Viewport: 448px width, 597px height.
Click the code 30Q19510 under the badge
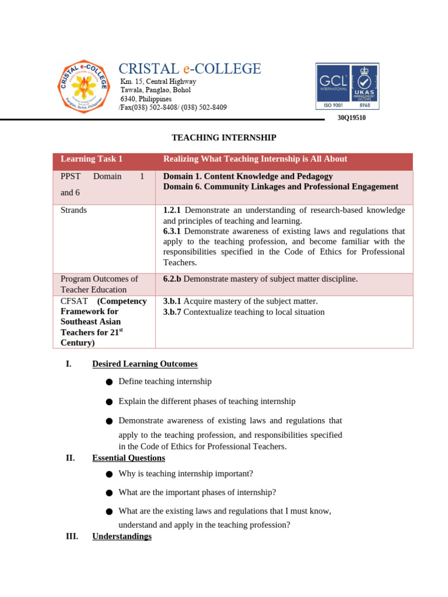pos(352,118)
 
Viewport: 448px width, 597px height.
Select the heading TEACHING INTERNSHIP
pos(223,138)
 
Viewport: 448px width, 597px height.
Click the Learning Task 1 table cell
pos(92,159)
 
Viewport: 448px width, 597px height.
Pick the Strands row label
pos(73,210)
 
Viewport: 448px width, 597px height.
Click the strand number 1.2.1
pos(173,210)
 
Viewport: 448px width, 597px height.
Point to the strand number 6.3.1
pos(173,231)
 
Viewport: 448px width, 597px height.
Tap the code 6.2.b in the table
pos(173,279)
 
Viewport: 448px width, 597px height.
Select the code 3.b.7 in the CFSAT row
pos(173,312)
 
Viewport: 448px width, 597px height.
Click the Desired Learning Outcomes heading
pos(145,364)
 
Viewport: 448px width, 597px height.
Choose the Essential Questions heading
pos(128,458)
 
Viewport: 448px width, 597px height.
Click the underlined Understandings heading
pos(122,536)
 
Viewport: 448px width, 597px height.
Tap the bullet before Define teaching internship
pos(109,382)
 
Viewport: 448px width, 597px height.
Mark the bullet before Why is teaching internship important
pos(109,474)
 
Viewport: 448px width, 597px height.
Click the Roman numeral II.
pos(70,458)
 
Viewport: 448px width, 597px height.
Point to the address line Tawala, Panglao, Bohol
pos(155,90)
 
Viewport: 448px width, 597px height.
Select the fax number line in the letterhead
pos(173,107)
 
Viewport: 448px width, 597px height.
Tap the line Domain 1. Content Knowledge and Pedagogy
pos(248,176)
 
